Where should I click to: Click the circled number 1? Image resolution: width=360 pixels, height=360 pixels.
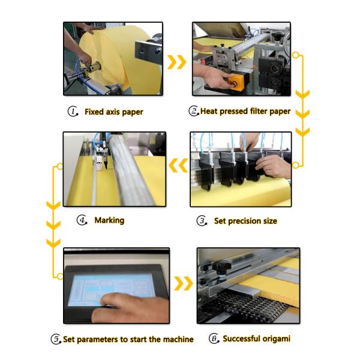73,112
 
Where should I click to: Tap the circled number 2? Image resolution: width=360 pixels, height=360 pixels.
193,111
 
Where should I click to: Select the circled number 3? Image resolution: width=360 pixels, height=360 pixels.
202,221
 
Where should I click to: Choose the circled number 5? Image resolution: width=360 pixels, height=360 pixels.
56,339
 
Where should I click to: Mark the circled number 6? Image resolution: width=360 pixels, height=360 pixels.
214,338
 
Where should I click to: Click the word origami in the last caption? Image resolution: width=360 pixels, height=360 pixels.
274,339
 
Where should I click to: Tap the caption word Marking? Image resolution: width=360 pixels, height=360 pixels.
109,220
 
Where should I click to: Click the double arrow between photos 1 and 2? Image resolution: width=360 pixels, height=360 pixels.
176,62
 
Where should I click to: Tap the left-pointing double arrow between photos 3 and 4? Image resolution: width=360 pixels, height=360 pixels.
178,165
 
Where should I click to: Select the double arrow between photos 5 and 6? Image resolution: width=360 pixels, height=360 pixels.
183,283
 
